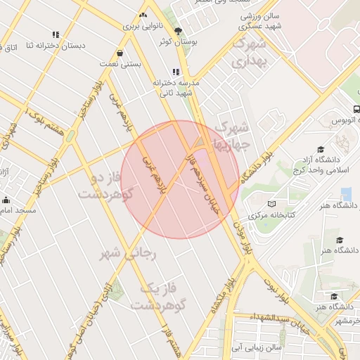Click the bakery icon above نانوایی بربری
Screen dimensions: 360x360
(x=143, y=15)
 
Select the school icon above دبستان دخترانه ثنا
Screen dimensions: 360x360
(x=55, y=34)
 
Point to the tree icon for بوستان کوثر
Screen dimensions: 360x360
(x=178, y=31)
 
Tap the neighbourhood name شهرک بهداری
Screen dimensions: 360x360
(x=250, y=53)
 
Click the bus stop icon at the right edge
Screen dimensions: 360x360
(x=356, y=110)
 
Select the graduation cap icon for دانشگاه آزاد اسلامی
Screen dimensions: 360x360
(x=321, y=149)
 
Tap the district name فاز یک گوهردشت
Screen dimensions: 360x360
(x=152, y=296)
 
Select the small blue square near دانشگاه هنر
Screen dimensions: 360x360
(x=345, y=193)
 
